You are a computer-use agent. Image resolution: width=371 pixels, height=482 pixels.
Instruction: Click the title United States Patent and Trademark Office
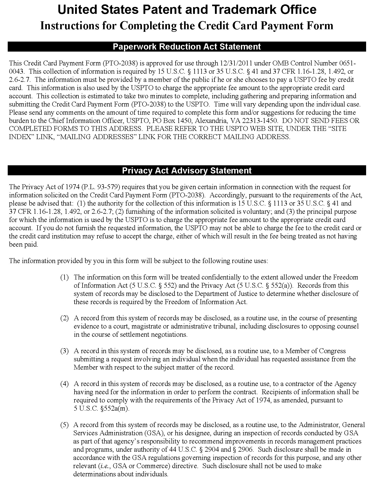tap(187, 10)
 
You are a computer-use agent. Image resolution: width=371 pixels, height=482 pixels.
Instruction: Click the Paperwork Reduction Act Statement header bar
tap(187, 47)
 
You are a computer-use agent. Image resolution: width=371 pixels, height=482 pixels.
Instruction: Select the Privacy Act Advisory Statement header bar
tap(187, 171)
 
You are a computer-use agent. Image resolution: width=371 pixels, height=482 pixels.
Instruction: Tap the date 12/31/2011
tap(235, 63)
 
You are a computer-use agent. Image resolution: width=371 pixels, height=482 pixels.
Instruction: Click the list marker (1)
tap(65, 277)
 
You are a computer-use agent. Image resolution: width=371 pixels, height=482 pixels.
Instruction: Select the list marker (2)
tap(65, 318)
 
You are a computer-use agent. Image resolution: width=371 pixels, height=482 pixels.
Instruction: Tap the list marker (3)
tap(65, 351)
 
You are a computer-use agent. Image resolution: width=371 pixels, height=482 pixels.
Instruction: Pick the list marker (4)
tap(65, 384)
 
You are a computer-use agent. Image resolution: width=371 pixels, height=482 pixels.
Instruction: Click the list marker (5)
tap(65, 425)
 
